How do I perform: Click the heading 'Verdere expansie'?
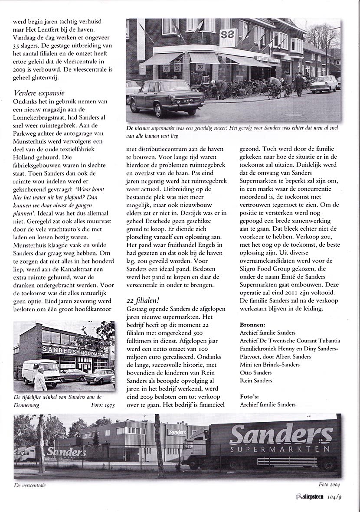[x=39, y=92]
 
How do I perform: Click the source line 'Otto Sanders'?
[x=256, y=373]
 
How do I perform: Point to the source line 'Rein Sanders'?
[x=256, y=381]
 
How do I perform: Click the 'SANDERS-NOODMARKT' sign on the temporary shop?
[x=75, y=350]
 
